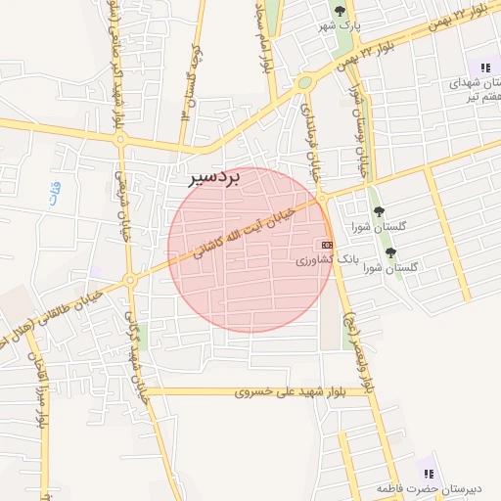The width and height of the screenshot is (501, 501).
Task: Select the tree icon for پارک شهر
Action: click(340, 11)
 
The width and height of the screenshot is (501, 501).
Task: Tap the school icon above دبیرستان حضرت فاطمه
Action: click(428, 474)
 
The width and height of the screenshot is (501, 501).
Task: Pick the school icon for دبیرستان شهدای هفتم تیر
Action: click(484, 68)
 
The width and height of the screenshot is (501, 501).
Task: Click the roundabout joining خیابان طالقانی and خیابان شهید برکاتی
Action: click(128, 282)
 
